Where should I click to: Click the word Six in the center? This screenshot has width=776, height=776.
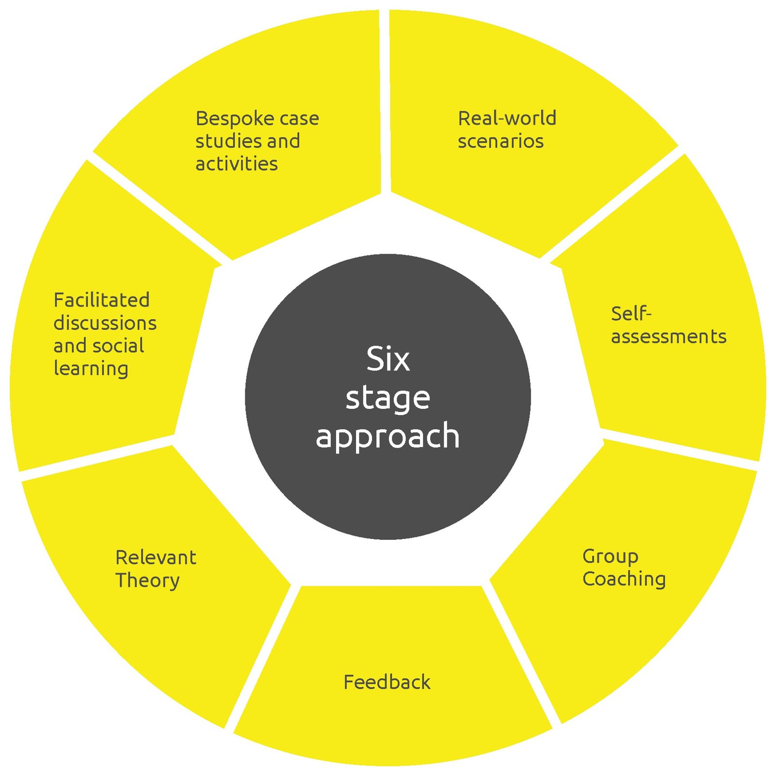(388, 359)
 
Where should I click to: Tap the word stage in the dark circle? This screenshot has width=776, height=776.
(388, 399)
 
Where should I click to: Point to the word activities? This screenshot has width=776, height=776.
(237, 164)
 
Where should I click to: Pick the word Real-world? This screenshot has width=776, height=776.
(507, 118)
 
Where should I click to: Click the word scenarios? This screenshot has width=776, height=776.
(501, 141)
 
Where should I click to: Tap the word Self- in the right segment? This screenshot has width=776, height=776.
(630, 314)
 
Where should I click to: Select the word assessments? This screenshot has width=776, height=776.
(668, 337)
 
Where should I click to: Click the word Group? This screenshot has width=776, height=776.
(610, 557)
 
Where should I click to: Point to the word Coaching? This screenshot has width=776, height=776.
(624, 579)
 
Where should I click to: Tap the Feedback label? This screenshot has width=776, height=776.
(387, 682)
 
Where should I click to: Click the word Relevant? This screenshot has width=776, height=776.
(156, 558)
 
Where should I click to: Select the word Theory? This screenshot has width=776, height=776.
(147, 581)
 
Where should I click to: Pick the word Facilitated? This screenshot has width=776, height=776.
(101, 300)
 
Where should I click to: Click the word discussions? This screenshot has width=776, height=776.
(105, 323)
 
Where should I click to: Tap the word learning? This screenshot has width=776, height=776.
(91, 369)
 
